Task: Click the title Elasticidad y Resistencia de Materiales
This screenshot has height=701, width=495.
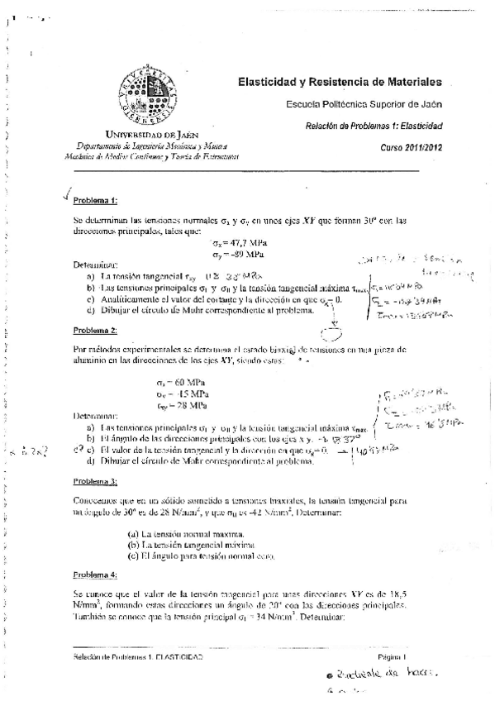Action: (340, 82)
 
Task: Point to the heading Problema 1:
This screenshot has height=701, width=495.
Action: (96, 201)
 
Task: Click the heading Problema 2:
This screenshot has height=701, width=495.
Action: (96, 331)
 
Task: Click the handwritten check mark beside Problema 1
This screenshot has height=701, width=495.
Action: (66, 196)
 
